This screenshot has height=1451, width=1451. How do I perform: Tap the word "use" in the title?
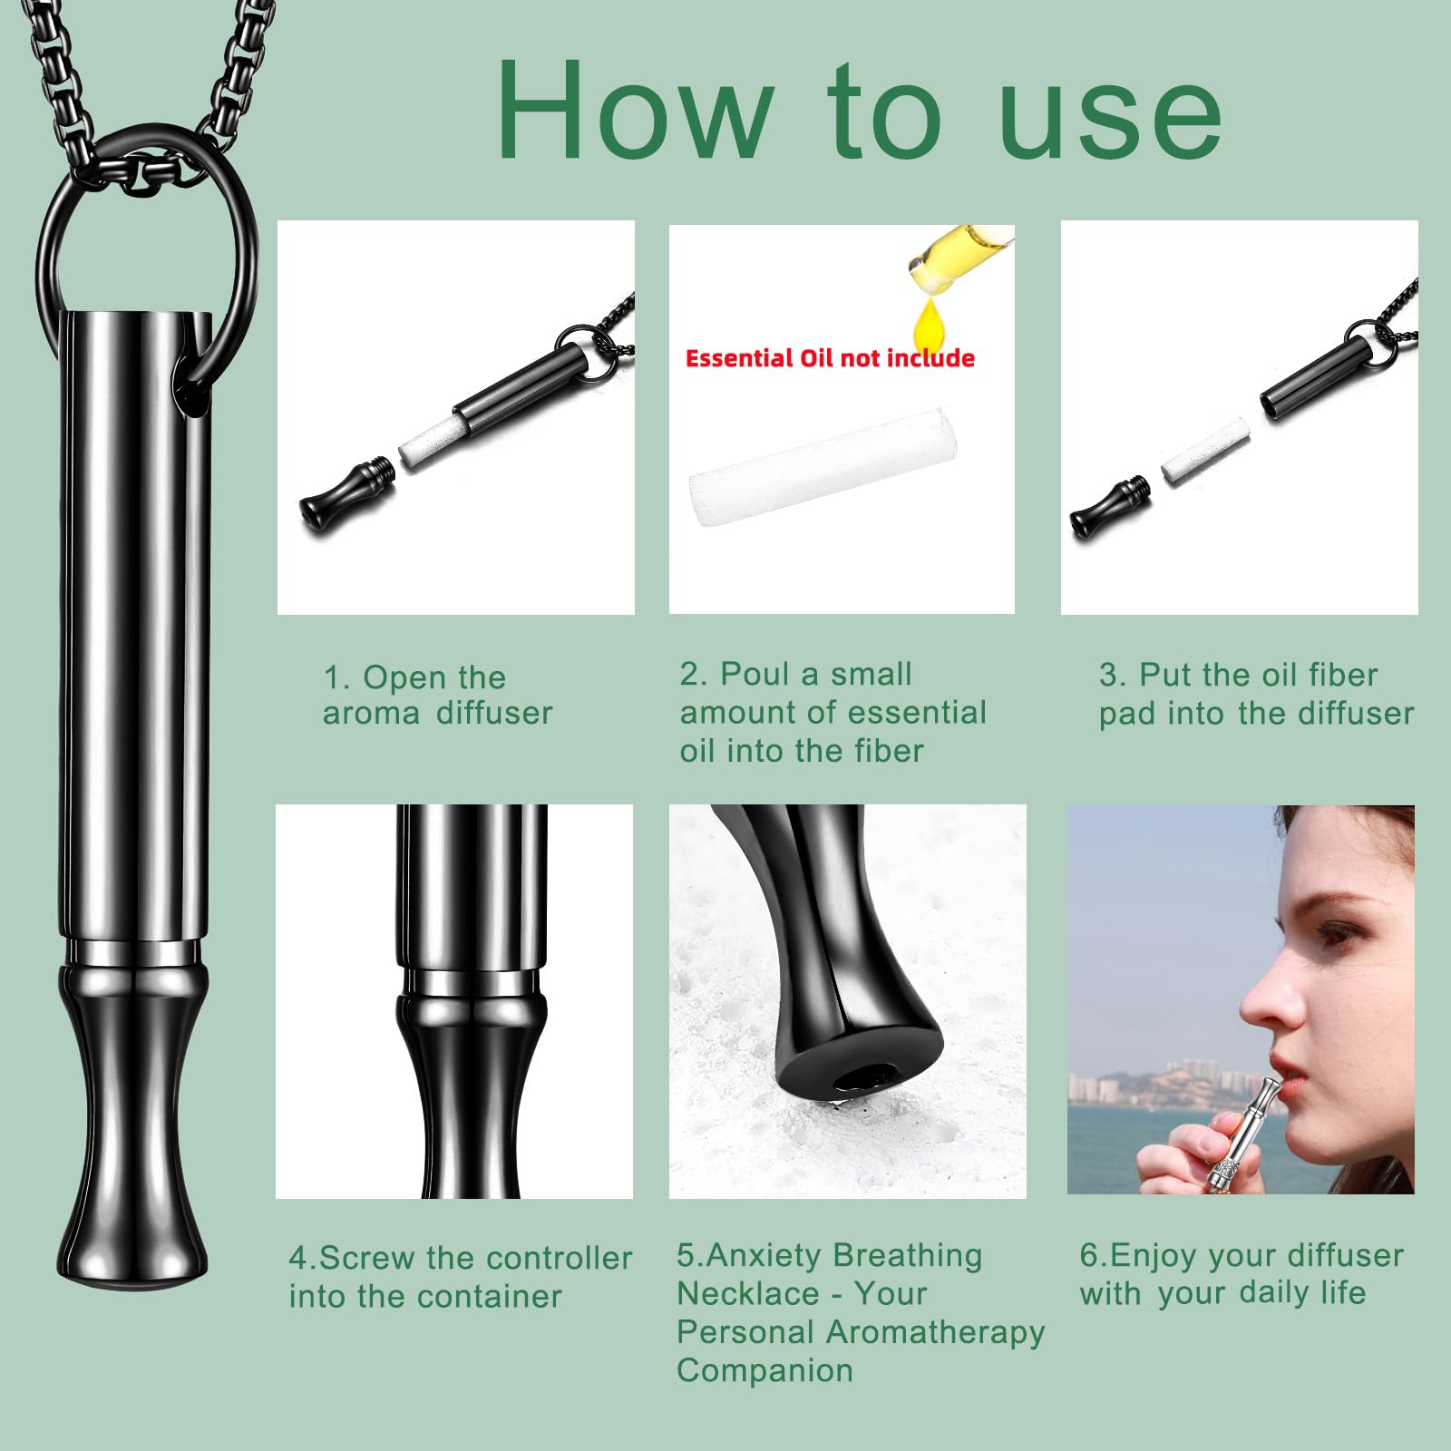[1111, 117]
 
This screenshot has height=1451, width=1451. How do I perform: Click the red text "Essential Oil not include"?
[830, 358]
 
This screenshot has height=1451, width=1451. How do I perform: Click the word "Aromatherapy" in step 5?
[936, 1333]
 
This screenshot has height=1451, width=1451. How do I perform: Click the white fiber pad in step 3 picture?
[1205, 451]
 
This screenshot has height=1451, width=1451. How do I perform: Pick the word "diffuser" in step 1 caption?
[494, 714]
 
